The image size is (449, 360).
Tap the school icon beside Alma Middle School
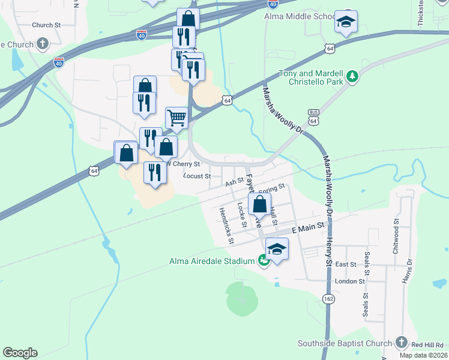pos(346,23)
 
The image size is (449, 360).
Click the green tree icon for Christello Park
pos(353,76)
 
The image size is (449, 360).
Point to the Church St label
pos(46,25)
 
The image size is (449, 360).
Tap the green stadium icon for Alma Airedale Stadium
pos(263,260)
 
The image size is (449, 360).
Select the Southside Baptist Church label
pos(345,343)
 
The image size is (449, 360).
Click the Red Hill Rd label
pos(427,344)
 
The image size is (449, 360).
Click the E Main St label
pos(308,228)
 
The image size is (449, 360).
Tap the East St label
pos(346,264)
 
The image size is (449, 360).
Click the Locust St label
pos(196,176)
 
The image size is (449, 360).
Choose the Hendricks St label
pos(226,226)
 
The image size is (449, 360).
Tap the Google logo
pos(20,353)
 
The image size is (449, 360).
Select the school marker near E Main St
pos(277,248)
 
